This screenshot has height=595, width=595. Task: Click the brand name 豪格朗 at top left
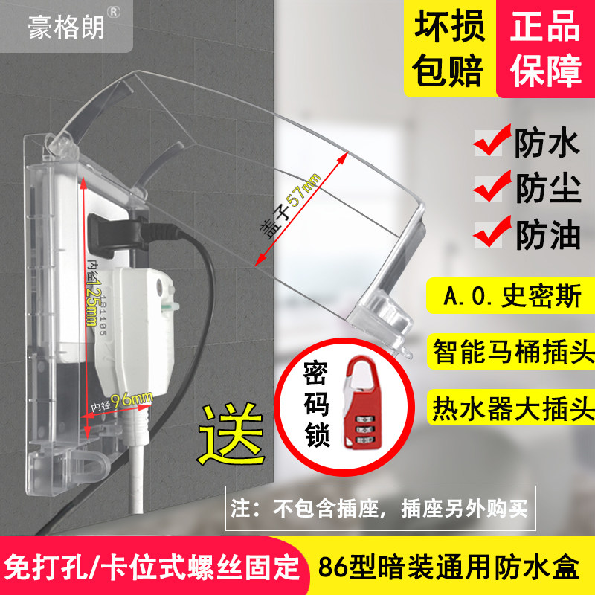click(x=66, y=28)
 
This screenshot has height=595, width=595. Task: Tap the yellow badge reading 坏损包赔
click(x=450, y=48)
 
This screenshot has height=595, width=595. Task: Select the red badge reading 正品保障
click(x=546, y=48)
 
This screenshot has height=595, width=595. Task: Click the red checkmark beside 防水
click(x=492, y=141)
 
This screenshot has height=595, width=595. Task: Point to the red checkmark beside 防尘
click(x=492, y=186)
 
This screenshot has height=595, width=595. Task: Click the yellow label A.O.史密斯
click(x=511, y=296)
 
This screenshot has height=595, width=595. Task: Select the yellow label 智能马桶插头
click(x=512, y=351)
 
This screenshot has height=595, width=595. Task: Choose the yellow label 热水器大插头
click(x=512, y=408)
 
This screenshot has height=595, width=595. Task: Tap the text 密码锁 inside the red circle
click(x=315, y=405)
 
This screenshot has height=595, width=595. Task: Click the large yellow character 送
click(x=231, y=435)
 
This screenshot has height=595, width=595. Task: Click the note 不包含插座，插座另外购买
click(x=380, y=509)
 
